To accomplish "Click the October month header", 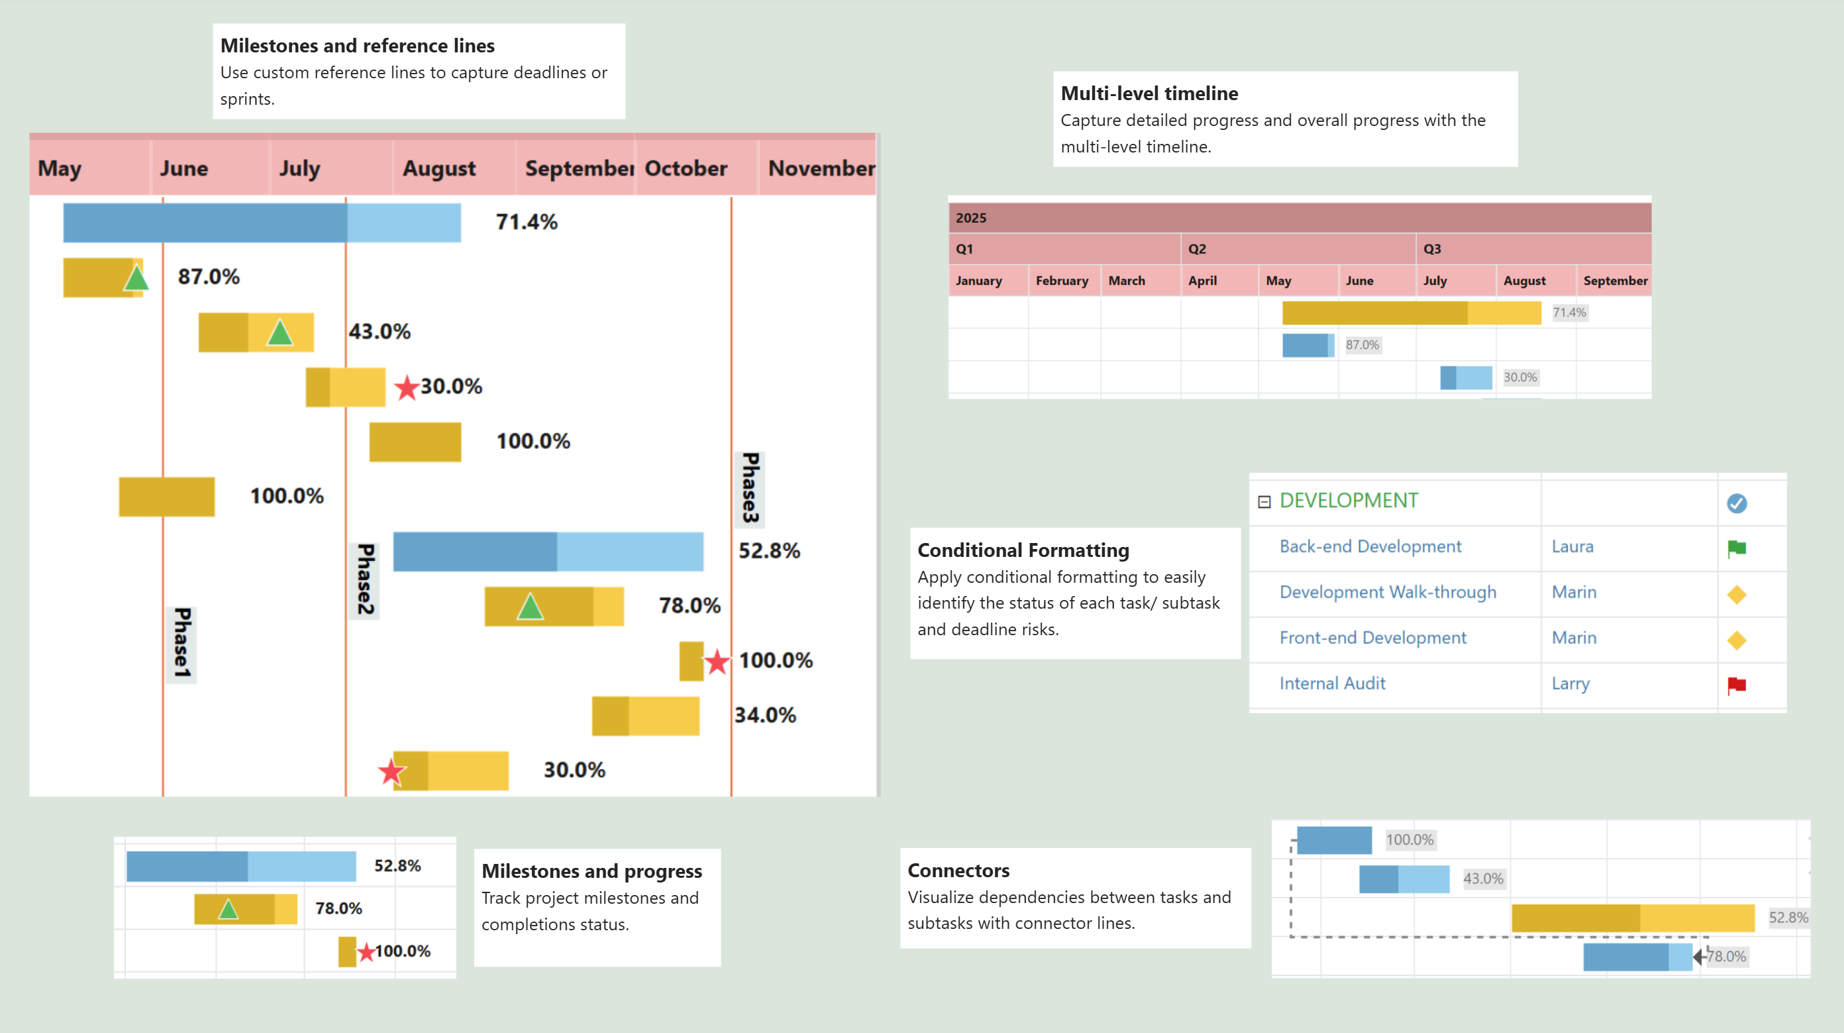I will click(x=685, y=168).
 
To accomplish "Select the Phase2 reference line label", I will click(x=366, y=579).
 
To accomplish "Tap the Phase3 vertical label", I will click(x=750, y=487).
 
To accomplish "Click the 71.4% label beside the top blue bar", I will click(x=526, y=222).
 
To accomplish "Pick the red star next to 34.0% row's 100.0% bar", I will click(x=717, y=661).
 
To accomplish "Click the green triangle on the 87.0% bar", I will click(x=135, y=278).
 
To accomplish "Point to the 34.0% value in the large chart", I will click(x=764, y=715).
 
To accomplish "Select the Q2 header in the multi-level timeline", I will click(x=1197, y=249).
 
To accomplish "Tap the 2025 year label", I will click(x=970, y=217).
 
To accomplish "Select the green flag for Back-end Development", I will click(x=1736, y=549).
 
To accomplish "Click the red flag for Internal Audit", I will click(x=1736, y=685).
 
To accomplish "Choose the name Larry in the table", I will click(x=1570, y=684).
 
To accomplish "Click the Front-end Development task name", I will click(x=1372, y=638).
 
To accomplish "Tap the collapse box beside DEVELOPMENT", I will click(x=1264, y=502).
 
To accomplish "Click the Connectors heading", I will click(x=958, y=871).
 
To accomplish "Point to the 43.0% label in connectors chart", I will click(x=1482, y=879).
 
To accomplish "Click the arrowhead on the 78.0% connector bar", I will click(x=1697, y=956).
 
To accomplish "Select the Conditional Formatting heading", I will click(x=1023, y=550).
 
